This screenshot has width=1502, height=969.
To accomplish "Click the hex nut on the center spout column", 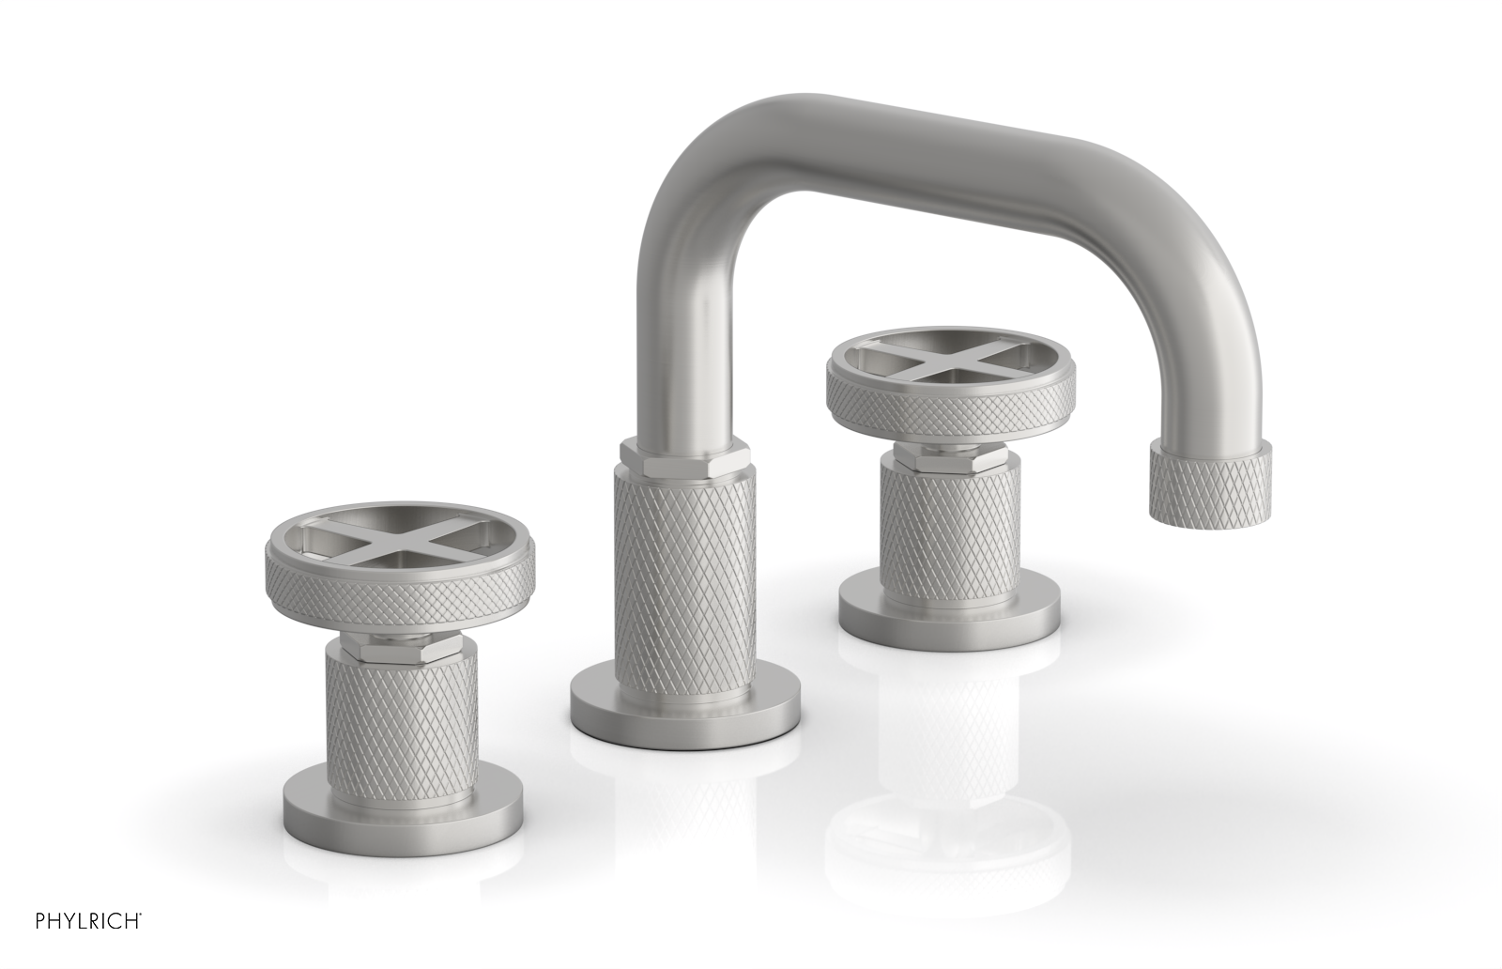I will [683, 456].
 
